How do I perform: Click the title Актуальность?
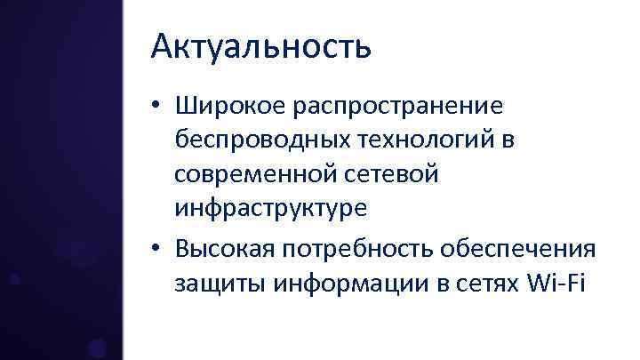click(260, 47)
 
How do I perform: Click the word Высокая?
click(226, 251)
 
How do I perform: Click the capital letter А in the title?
click(162, 47)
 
